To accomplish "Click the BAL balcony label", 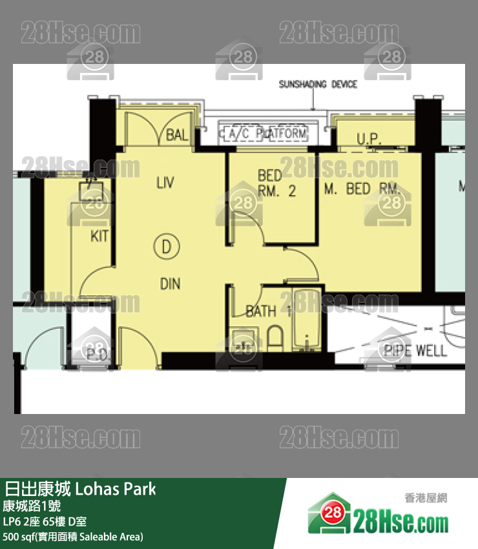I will tap(177, 135).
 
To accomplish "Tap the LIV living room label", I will tap(166, 183).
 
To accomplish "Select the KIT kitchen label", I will tap(99, 236).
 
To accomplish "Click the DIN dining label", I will tap(171, 284).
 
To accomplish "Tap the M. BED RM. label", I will tap(362, 189).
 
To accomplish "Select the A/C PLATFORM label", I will tap(265, 134).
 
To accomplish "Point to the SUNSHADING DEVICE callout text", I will tap(318, 84).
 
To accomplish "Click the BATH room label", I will tap(262, 311).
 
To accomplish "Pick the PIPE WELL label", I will tap(415, 351).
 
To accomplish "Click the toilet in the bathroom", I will tap(275, 337).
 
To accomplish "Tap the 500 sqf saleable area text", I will tap(73, 537).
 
